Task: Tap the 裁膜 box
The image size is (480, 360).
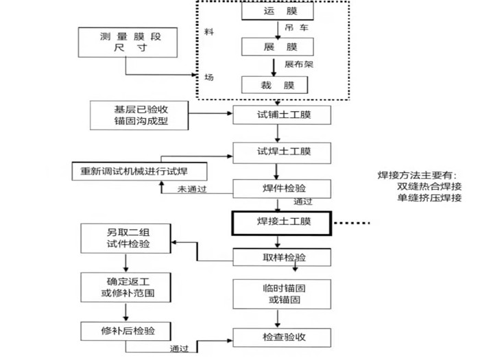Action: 274,85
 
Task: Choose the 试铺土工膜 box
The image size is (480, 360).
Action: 277,115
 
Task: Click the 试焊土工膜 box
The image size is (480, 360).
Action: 277,151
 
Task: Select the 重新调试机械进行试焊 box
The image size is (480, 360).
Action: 140,170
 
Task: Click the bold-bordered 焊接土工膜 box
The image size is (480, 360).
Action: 281,221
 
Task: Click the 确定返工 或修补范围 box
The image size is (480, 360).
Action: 127,287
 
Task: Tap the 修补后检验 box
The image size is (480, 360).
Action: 127,331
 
